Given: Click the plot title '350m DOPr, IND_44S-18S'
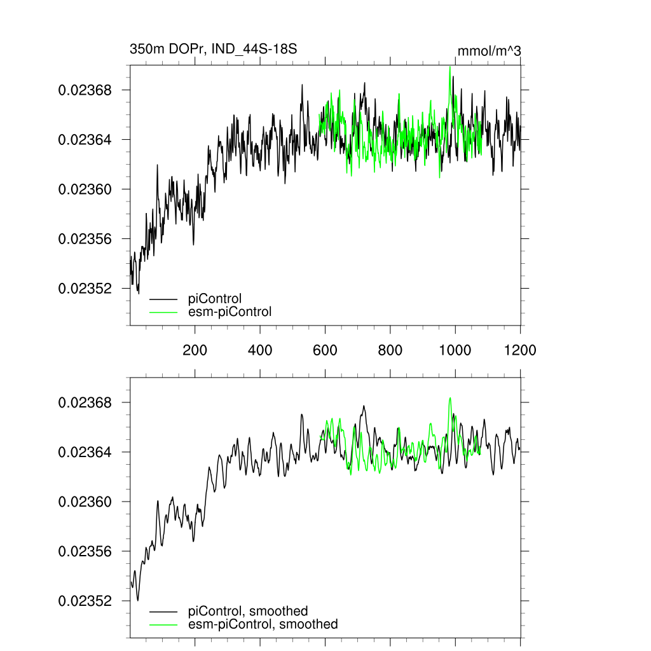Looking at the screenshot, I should pos(214,49).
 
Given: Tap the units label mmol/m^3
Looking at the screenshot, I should pos(489,51).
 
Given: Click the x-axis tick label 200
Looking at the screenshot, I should pos(195,350).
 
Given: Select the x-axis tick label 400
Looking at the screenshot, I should pos(260,350).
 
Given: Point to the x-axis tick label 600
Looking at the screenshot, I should pos(325,350).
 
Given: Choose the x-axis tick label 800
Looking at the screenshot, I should pos(390,350).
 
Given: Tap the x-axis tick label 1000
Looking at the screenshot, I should pos(455,350).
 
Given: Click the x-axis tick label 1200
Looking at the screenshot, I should pos(520,350).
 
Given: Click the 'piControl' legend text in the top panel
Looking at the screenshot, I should pos(215,298).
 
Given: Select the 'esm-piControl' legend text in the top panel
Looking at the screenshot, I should pos(230,312).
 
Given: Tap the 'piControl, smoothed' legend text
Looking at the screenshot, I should pos(248,611).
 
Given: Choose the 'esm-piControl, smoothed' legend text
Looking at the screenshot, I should pos(263,624).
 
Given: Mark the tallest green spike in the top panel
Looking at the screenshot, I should pos(450,67).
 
